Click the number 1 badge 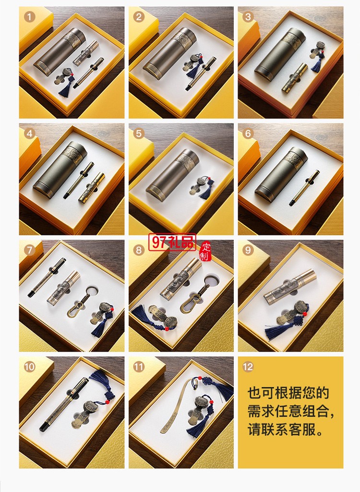[x=30, y=17]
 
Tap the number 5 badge [x=139, y=134]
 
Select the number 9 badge [x=248, y=250]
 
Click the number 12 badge [x=248, y=367]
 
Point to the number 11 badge [x=139, y=367]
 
